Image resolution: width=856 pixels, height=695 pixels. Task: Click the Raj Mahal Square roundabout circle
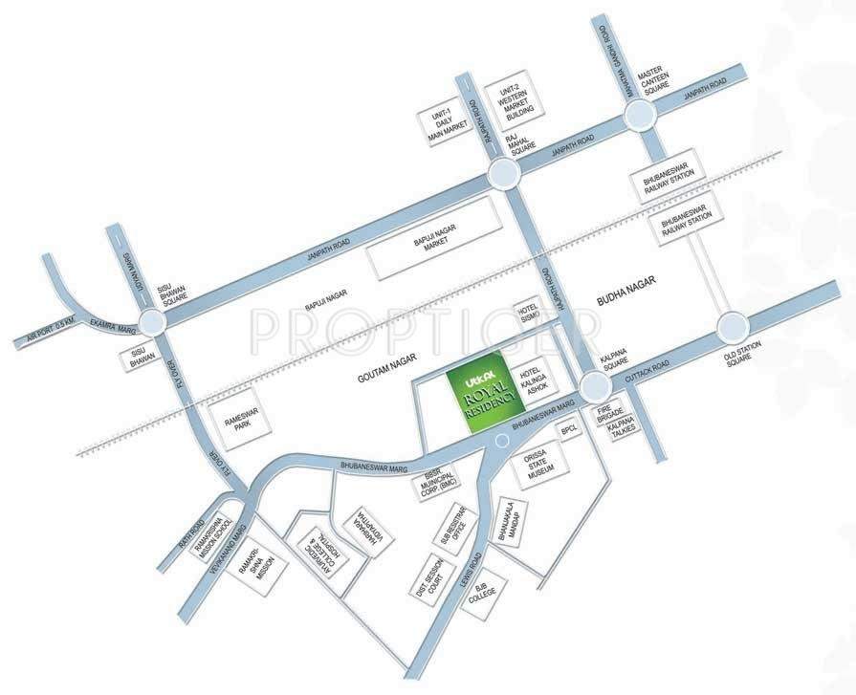pos(503,173)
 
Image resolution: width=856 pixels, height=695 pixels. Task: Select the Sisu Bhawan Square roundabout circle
pos(153,322)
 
